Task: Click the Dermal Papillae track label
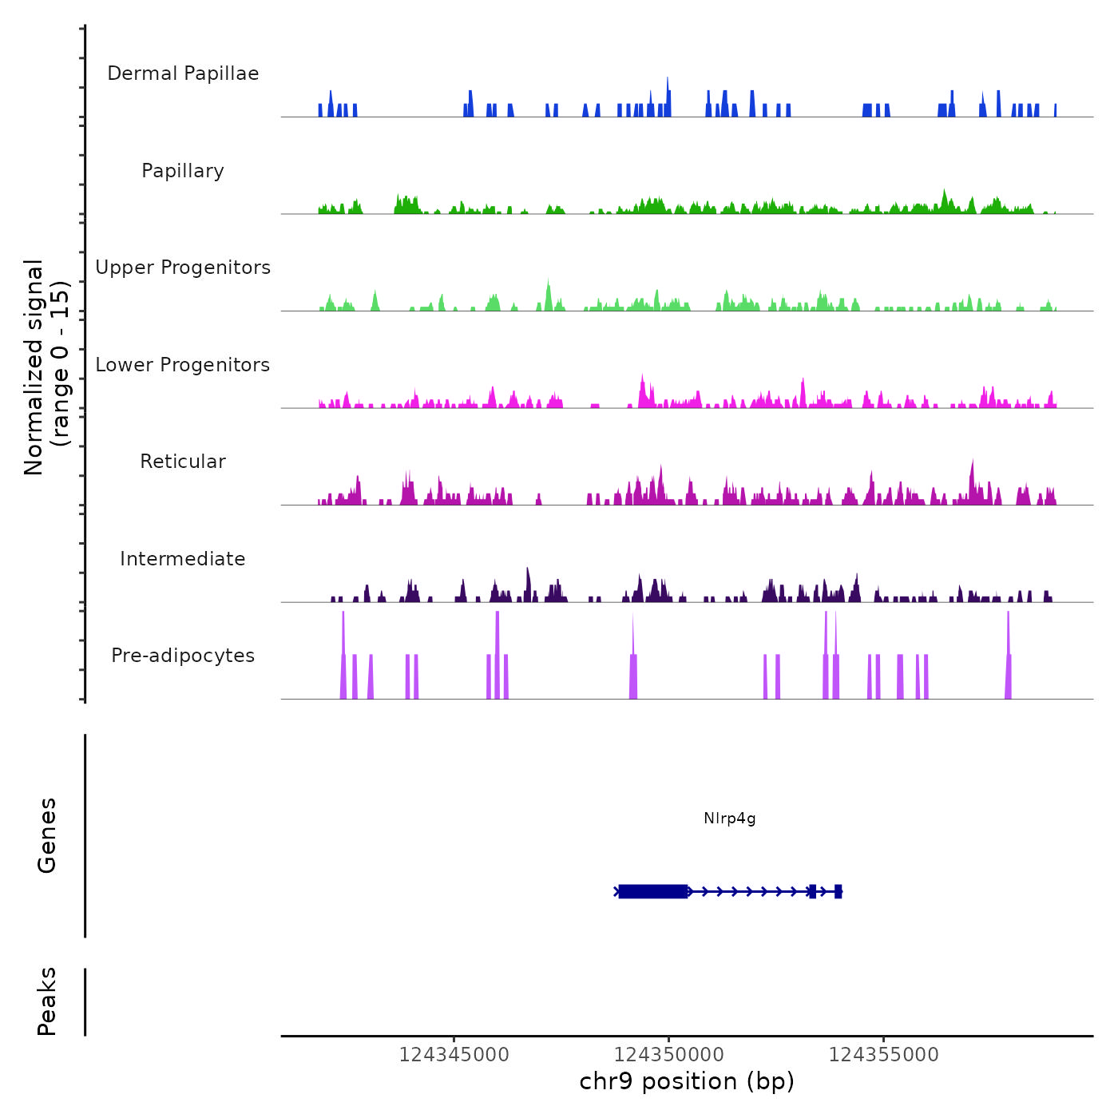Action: (x=183, y=73)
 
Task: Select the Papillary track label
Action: (x=183, y=171)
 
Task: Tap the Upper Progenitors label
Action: (x=183, y=268)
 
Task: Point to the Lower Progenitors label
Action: (x=183, y=365)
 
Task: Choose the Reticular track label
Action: (x=183, y=462)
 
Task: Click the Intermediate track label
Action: (x=183, y=559)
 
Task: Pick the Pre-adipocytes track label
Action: (x=183, y=656)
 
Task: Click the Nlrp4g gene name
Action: (x=729, y=818)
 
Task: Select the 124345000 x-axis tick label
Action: (x=454, y=1054)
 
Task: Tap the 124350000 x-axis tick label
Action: (x=669, y=1054)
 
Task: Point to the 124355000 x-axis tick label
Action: (x=884, y=1054)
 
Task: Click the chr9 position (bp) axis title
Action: (x=687, y=1081)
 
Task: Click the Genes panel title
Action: (x=47, y=835)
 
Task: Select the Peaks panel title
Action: (x=47, y=1001)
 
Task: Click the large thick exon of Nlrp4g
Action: (x=653, y=891)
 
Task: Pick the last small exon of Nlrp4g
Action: (x=838, y=891)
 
